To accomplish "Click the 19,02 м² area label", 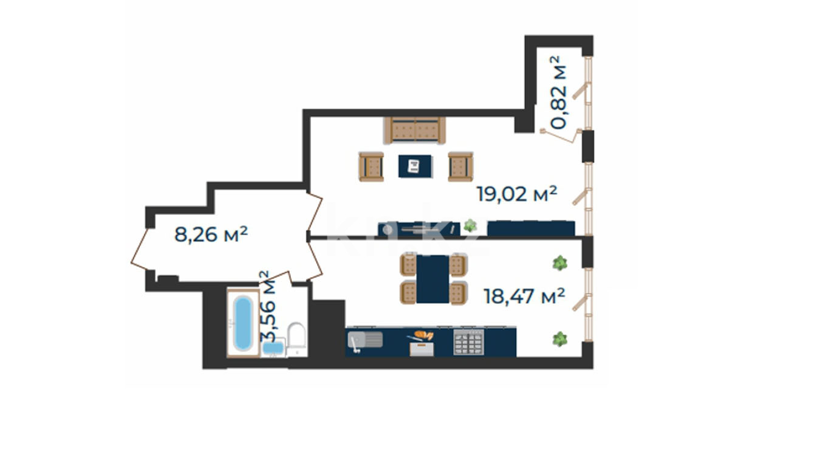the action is pyautogui.click(x=517, y=194).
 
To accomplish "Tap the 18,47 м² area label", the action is pyautogui.click(x=524, y=296).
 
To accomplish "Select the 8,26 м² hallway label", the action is pyautogui.click(x=211, y=234).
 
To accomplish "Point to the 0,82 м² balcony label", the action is pyautogui.click(x=558, y=92).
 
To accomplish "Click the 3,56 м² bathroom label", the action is pyautogui.click(x=267, y=306).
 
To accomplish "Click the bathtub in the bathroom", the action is pyautogui.click(x=243, y=323).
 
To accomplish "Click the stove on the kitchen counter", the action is pyautogui.click(x=469, y=342).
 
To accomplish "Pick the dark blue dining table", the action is pyautogui.click(x=432, y=279).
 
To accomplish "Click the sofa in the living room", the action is pyautogui.click(x=415, y=130).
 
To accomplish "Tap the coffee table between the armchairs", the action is pyautogui.click(x=415, y=166).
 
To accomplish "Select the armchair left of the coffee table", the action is pyautogui.click(x=371, y=166).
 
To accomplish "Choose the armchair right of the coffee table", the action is pyautogui.click(x=460, y=166).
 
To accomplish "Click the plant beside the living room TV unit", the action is pyautogui.click(x=470, y=226).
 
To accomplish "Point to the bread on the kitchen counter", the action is pyautogui.click(x=424, y=335).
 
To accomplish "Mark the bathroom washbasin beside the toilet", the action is pyautogui.click(x=273, y=348).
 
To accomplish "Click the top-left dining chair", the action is pyautogui.click(x=408, y=265).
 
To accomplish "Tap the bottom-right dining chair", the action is pyautogui.click(x=458, y=293).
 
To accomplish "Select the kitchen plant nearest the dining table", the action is pyautogui.click(x=559, y=263).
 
